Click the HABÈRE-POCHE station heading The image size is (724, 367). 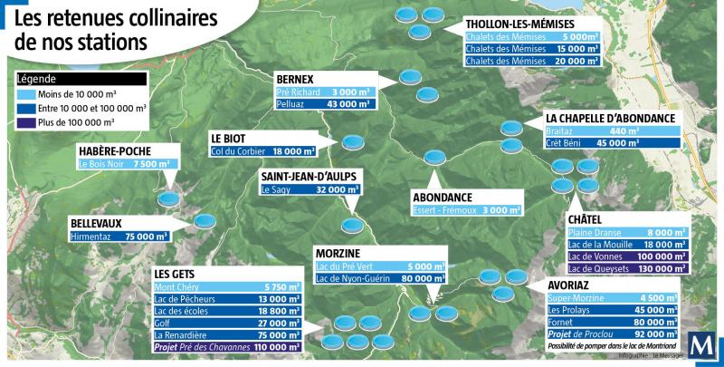115,150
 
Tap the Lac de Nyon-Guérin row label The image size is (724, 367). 352,279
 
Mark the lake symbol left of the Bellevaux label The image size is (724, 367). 205,220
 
